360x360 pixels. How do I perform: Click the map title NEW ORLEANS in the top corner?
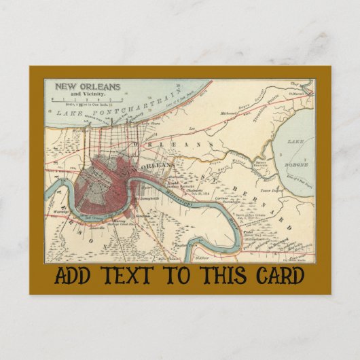point(87,86)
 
